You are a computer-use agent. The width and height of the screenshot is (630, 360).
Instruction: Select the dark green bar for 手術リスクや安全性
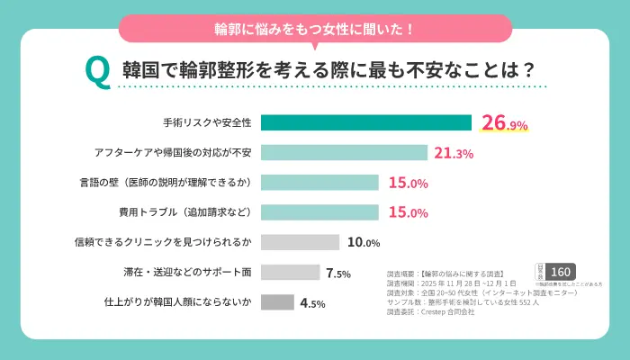366,123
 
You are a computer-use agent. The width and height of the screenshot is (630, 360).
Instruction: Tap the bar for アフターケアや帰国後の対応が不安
344,153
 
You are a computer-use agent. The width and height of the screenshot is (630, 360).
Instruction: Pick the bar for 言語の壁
319,183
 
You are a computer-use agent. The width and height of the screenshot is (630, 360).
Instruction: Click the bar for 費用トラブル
319,212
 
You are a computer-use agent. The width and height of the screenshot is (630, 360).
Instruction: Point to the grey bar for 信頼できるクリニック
300,242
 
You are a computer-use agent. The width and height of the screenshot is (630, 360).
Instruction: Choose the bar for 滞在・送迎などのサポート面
290,272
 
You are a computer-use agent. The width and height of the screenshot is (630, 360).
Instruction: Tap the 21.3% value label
454,154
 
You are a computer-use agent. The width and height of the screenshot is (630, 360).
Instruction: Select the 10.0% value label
364,243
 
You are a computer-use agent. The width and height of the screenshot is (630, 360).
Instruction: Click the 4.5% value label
311,303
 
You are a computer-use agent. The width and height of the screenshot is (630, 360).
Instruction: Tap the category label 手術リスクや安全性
208,123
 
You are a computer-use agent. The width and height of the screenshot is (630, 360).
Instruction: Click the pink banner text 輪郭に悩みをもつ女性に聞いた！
315,28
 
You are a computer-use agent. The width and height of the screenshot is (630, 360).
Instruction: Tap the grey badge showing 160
560,272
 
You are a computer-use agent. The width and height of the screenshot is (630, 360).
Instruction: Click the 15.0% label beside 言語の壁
408,184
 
